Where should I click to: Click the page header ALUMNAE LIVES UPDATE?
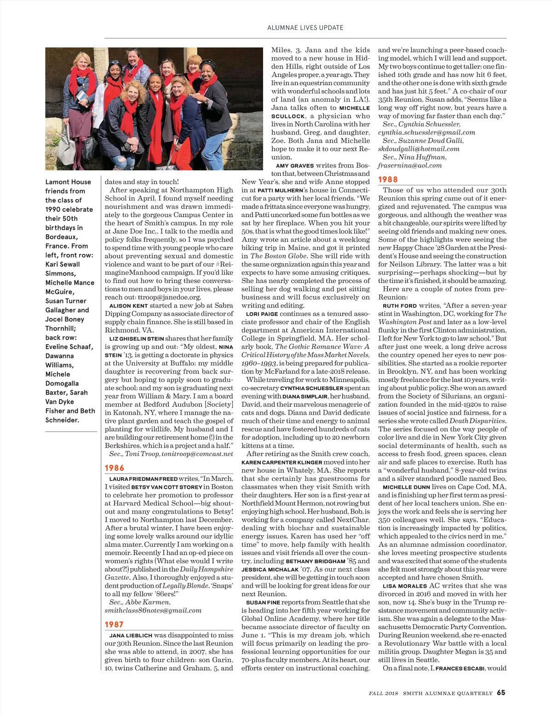(305, 28)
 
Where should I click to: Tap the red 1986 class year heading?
(115, 468)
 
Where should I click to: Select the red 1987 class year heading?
(114, 624)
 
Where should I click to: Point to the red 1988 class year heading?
(388, 179)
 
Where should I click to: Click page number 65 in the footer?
(500, 693)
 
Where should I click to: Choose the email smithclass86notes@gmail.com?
(153, 611)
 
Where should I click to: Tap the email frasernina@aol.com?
(409, 166)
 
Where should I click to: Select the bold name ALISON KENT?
(128, 306)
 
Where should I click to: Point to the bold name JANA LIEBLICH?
(131, 636)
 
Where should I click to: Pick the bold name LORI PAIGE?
(262, 314)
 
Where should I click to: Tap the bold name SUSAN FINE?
(263, 602)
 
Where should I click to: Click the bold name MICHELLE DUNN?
(406, 487)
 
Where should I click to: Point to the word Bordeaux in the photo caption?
(62, 237)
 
